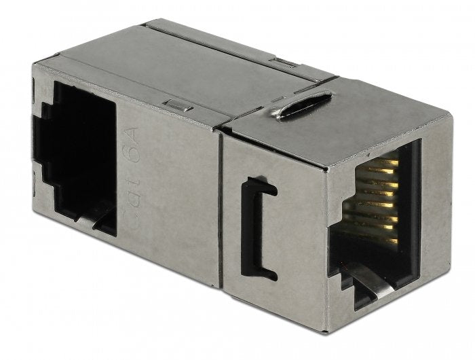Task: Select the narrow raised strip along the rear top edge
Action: pos(237,44)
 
